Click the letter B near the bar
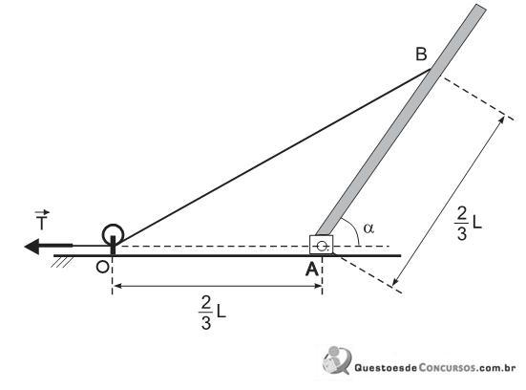[x=421, y=54]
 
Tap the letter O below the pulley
[x=102, y=267]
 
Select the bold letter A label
[x=311, y=269]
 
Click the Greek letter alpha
[x=368, y=228]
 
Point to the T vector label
[x=42, y=221]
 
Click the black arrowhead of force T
[x=32, y=247]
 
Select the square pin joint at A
[x=322, y=245]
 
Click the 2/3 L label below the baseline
[x=212, y=314]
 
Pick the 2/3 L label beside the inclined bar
[x=469, y=224]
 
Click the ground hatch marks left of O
[x=62, y=262]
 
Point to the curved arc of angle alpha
[x=353, y=229]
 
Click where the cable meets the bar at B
[x=431, y=69]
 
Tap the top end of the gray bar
[x=481, y=7]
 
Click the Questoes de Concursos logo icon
[x=337, y=360]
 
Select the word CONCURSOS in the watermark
[x=447, y=367]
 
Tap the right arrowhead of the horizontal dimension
[x=317, y=286]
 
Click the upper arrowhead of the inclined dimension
[x=501, y=119]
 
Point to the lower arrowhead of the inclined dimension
[x=396, y=281]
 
